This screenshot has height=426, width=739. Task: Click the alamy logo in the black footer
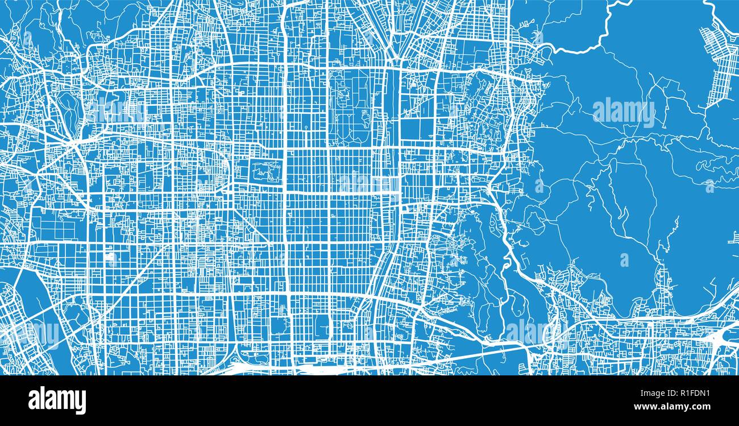click(57, 400)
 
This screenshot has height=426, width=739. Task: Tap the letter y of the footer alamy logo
click(81, 403)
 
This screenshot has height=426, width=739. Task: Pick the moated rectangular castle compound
click(266, 171)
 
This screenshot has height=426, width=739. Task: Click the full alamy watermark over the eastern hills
click(624, 112)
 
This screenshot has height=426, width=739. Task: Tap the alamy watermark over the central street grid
click(369, 183)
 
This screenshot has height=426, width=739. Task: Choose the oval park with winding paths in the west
click(68, 108)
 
